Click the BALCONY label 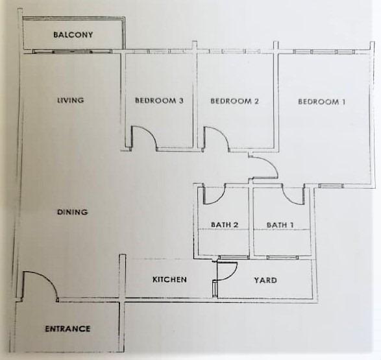(x=73, y=35)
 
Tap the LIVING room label (x=71, y=100)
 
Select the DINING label (x=73, y=212)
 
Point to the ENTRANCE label (x=68, y=329)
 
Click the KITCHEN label (x=169, y=280)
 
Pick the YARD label (x=265, y=280)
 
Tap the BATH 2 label (x=225, y=224)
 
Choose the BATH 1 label (x=280, y=225)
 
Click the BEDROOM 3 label (x=159, y=101)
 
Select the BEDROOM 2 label (x=234, y=101)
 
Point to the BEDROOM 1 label (x=321, y=101)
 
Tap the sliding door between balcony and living (x=73, y=51)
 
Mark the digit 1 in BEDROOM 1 (x=343, y=101)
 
